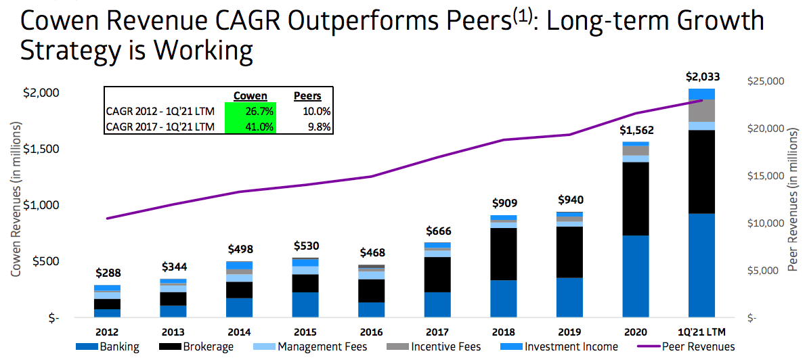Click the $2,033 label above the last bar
(x=701, y=76)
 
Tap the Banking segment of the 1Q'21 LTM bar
(x=701, y=265)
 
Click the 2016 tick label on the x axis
(x=371, y=332)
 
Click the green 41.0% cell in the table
(x=250, y=126)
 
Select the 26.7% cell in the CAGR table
(x=250, y=111)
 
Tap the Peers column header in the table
(x=307, y=96)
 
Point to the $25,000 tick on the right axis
(x=766, y=81)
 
